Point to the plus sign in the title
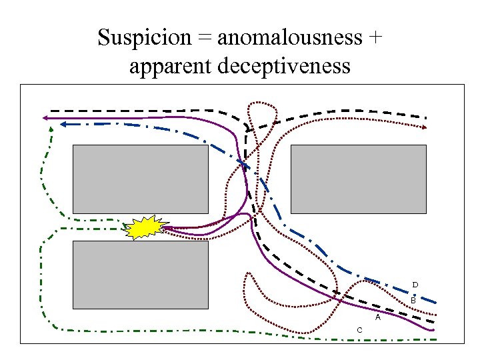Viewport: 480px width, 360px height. (375, 39)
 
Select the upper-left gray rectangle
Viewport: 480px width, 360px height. (139, 179)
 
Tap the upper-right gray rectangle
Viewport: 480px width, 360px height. (359, 179)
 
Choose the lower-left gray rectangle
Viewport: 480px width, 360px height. (139, 275)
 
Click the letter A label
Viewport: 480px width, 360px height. (377, 317)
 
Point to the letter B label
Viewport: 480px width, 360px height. (413, 301)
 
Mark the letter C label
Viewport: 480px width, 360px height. (359, 330)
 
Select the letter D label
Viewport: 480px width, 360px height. (415, 285)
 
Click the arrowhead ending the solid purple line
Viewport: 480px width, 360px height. (45, 118)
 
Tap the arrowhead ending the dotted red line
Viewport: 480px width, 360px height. (424, 126)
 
